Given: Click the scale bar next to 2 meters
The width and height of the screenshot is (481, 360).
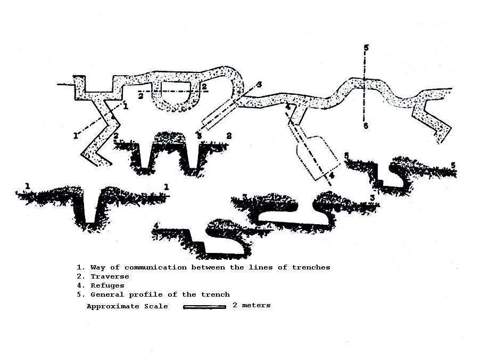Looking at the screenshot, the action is click(x=205, y=307).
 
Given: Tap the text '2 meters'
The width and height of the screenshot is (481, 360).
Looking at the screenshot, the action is click(x=252, y=305).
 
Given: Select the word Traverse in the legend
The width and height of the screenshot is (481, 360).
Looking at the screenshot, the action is click(x=110, y=276).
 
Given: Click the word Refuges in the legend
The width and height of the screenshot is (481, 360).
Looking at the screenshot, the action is click(x=107, y=285).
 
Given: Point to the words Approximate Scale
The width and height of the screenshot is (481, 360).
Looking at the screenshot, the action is click(x=127, y=306).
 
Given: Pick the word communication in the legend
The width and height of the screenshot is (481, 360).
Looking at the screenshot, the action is click(x=155, y=267).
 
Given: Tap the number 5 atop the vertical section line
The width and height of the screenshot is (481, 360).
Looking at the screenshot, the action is click(x=366, y=48).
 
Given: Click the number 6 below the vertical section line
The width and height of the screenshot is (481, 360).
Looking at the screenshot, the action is click(x=366, y=126).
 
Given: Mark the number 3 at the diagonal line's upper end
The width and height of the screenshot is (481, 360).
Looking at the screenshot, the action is click(x=259, y=84).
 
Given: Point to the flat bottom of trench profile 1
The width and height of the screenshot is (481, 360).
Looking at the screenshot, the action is click(x=90, y=223).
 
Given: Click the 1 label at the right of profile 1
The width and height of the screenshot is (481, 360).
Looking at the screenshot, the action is click(x=166, y=187).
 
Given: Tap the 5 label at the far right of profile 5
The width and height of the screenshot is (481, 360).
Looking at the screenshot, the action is click(x=453, y=166).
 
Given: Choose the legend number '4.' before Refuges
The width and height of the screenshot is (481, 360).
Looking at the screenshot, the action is click(x=80, y=285).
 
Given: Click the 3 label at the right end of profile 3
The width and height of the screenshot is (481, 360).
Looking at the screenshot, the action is click(x=372, y=198).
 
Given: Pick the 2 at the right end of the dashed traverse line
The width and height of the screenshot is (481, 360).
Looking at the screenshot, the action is click(x=204, y=87).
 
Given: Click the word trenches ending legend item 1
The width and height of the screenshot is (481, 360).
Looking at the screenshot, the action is click(x=311, y=267).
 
